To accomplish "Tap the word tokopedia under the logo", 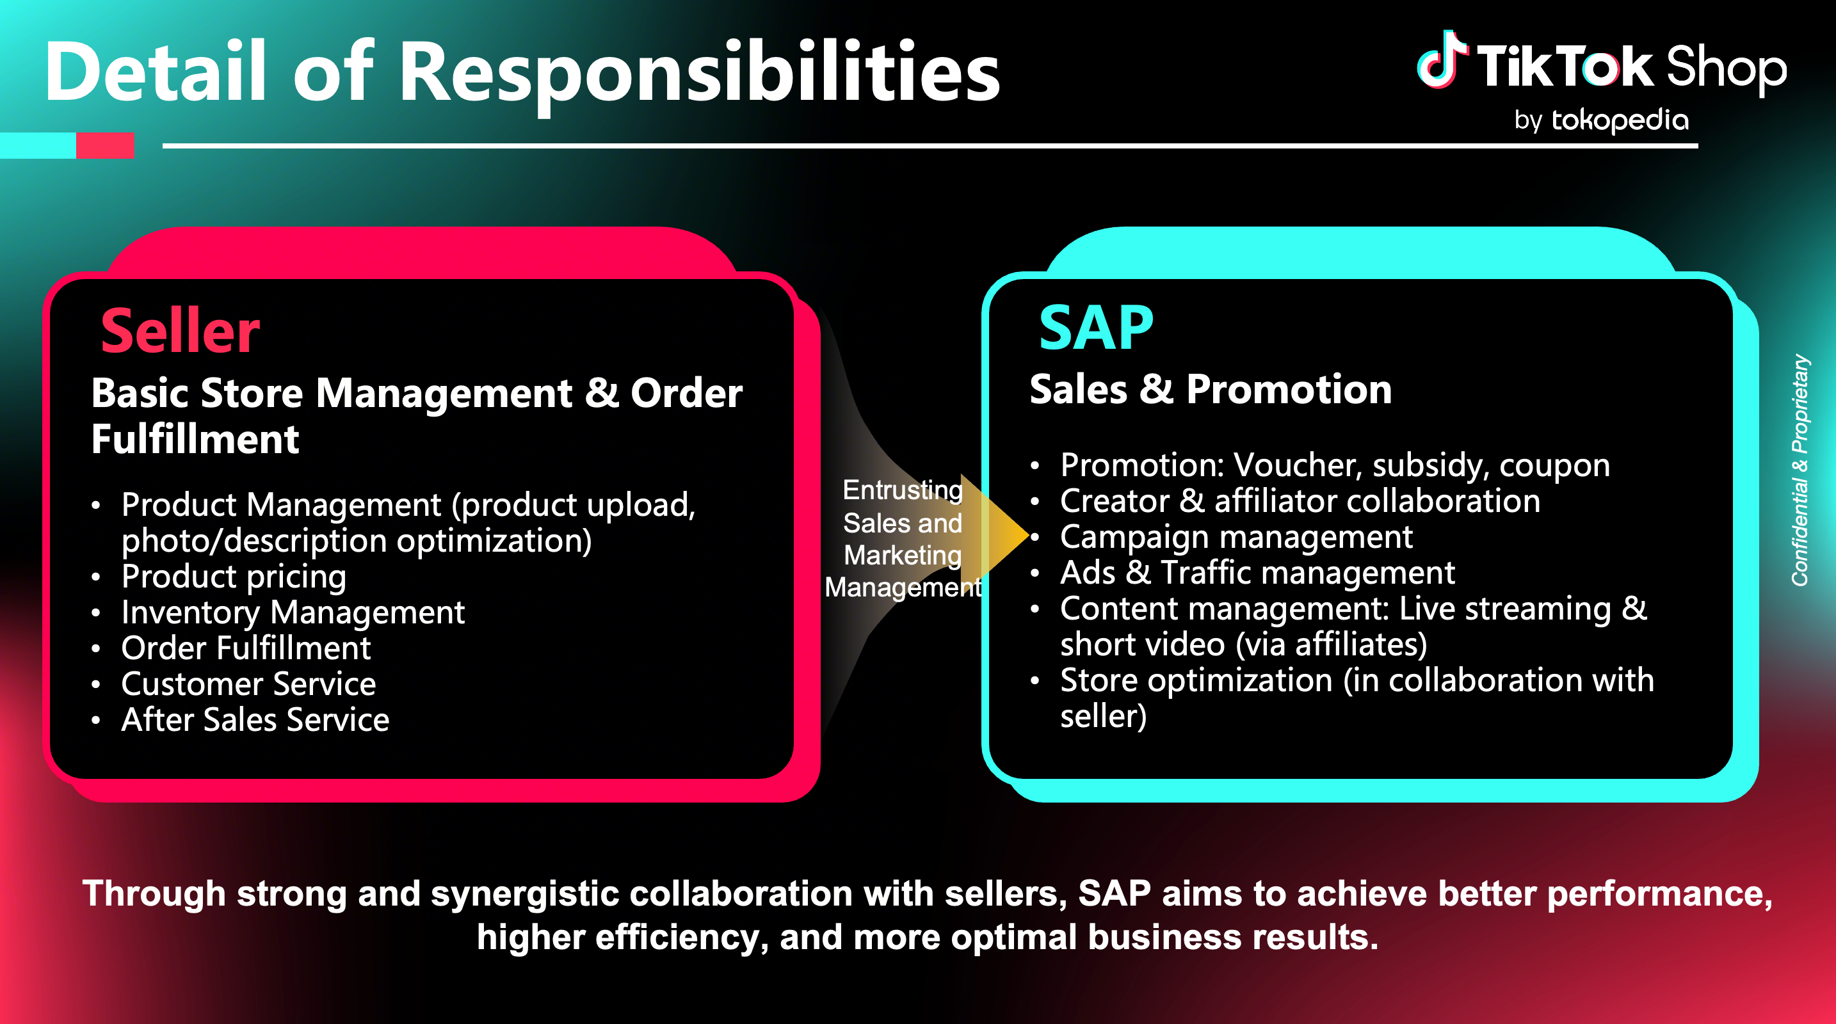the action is point(1620,120).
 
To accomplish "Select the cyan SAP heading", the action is point(1095,328).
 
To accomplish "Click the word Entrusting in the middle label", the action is point(903,490).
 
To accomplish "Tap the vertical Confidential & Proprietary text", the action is point(1800,470).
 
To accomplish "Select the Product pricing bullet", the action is point(234,576).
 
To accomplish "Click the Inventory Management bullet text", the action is point(293,612).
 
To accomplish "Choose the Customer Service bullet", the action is point(249,684).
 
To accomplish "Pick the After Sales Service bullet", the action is point(255,720).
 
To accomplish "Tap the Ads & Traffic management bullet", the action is point(1257,573).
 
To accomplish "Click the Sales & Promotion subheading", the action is point(1210,390).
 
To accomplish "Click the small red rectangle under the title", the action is point(105,145).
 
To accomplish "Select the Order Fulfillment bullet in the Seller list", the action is point(246,648).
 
